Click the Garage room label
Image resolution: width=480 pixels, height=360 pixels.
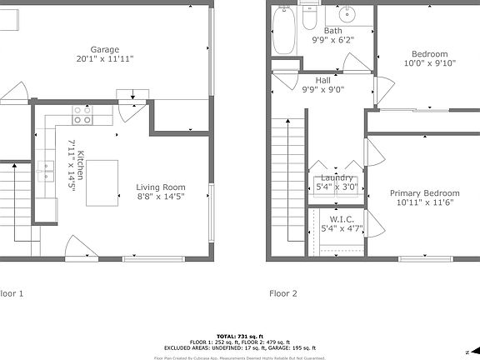point(105,48)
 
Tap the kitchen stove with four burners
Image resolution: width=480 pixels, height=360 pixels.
point(82,115)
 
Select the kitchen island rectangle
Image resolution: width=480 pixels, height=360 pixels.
point(100,182)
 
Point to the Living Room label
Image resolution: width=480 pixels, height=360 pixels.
point(161,187)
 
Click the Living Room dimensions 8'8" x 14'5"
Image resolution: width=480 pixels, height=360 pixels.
point(161,197)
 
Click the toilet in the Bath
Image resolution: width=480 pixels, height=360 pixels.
point(309,15)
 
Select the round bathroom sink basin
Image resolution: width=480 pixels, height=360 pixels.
point(347,16)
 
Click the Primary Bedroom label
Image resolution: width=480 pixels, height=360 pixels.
point(425,192)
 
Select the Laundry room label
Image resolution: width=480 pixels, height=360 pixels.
point(337,177)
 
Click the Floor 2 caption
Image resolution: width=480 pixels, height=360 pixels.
point(282,293)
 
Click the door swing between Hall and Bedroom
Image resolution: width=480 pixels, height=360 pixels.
point(382,87)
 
